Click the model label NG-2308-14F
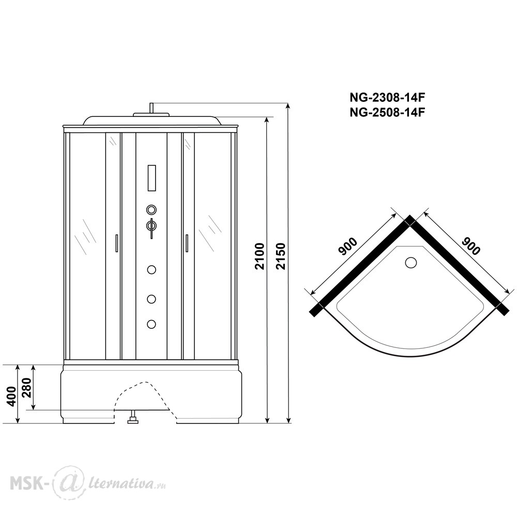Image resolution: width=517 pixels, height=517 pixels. click(387, 98)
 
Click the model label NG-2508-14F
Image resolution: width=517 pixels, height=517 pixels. click(387, 113)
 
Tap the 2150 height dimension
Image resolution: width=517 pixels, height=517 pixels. click(280, 256)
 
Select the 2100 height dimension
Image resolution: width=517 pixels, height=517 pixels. click(260, 256)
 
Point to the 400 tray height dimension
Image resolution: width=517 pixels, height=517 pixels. click(11, 397)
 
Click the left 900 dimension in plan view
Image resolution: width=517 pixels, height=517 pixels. click(347, 247)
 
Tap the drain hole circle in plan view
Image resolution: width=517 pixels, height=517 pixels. click(410, 263)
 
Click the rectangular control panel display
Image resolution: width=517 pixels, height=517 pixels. click(151, 178)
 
